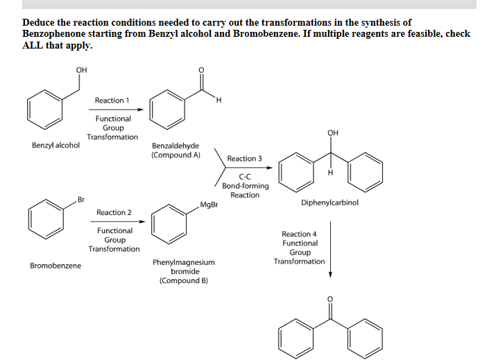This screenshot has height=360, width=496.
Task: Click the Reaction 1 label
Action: (x=112, y=101)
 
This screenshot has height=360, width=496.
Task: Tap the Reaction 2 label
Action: (x=114, y=212)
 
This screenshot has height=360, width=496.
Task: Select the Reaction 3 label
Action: (x=244, y=158)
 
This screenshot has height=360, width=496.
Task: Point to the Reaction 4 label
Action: (x=299, y=234)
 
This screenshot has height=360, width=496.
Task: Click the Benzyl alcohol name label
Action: (x=55, y=145)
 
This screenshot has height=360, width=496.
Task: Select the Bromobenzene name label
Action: (x=55, y=266)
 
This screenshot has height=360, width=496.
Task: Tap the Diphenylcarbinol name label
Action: (x=330, y=203)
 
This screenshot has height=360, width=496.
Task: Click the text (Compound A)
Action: (x=176, y=155)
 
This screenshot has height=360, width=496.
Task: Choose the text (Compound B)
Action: (x=184, y=281)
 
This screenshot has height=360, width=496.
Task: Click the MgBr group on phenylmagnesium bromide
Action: (x=209, y=205)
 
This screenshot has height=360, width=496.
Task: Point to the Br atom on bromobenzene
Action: (x=81, y=200)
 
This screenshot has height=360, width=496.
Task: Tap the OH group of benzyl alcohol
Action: (x=81, y=70)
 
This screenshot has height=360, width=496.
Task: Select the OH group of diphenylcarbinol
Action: (x=333, y=133)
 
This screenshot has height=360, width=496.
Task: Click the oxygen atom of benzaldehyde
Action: (x=201, y=70)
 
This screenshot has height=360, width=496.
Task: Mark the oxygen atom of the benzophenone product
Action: (x=330, y=299)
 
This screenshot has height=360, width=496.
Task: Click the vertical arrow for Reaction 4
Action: (x=331, y=250)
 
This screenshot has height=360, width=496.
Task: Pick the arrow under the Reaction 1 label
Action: (x=116, y=110)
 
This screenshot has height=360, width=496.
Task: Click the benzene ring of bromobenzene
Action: (x=46, y=219)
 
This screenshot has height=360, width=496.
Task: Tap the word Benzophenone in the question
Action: (x=54, y=33)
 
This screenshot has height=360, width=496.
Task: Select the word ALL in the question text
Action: (x=33, y=45)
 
